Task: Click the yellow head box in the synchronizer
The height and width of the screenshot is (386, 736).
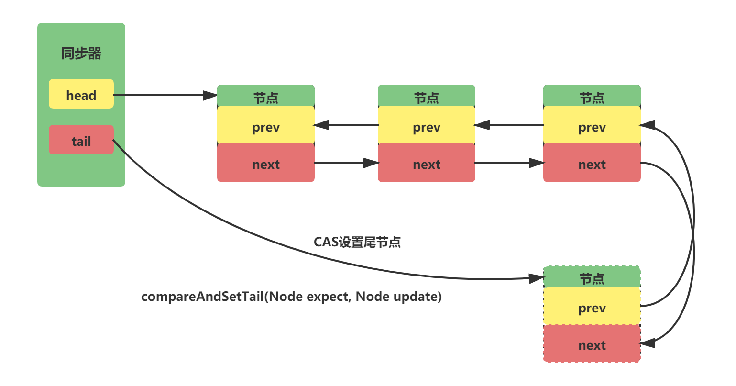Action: (81, 94)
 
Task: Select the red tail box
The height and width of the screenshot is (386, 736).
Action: (81, 140)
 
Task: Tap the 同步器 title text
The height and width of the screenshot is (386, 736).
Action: (81, 54)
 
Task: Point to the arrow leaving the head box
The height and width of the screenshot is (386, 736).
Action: (163, 95)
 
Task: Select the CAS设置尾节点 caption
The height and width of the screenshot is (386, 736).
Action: (357, 242)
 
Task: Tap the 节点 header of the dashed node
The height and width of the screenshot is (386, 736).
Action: (592, 278)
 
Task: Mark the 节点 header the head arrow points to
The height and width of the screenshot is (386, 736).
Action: (266, 97)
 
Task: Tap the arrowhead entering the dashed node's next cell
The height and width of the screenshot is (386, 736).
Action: (647, 343)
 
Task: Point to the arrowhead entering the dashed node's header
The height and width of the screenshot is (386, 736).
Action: (537, 278)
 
